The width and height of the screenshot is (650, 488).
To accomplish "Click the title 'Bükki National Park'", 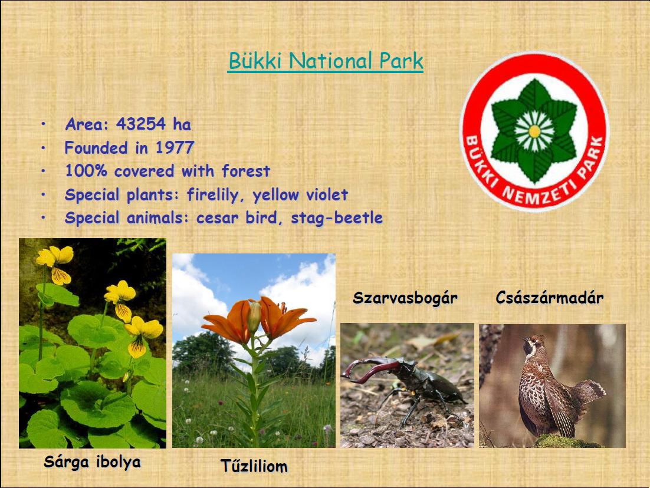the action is pyautogui.click(x=326, y=61).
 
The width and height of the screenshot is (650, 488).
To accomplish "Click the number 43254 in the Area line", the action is pyautogui.click(x=141, y=124).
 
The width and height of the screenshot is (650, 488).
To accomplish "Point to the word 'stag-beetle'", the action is pyautogui.click(x=337, y=218).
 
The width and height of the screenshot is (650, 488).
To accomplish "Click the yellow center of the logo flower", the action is pyautogui.click(x=534, y=131).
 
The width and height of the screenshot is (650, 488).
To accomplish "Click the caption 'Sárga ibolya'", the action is pyautogui.click(x=92, y=462).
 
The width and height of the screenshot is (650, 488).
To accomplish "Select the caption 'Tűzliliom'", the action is pyautogui.click(x=254, y=466).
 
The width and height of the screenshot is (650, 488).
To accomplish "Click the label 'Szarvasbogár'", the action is pyautogui.click(x=405, y=298).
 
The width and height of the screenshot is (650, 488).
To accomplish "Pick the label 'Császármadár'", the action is pyautogui.click(x=549, y=298).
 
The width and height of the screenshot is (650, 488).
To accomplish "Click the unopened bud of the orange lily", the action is pyautogui.click(x=254, y=317).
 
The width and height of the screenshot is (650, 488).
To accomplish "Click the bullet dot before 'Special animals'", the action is pyautogui.click(x=43, y=217).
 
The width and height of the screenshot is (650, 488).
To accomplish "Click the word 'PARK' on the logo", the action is pyautogui.click(x=593, y=157).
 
